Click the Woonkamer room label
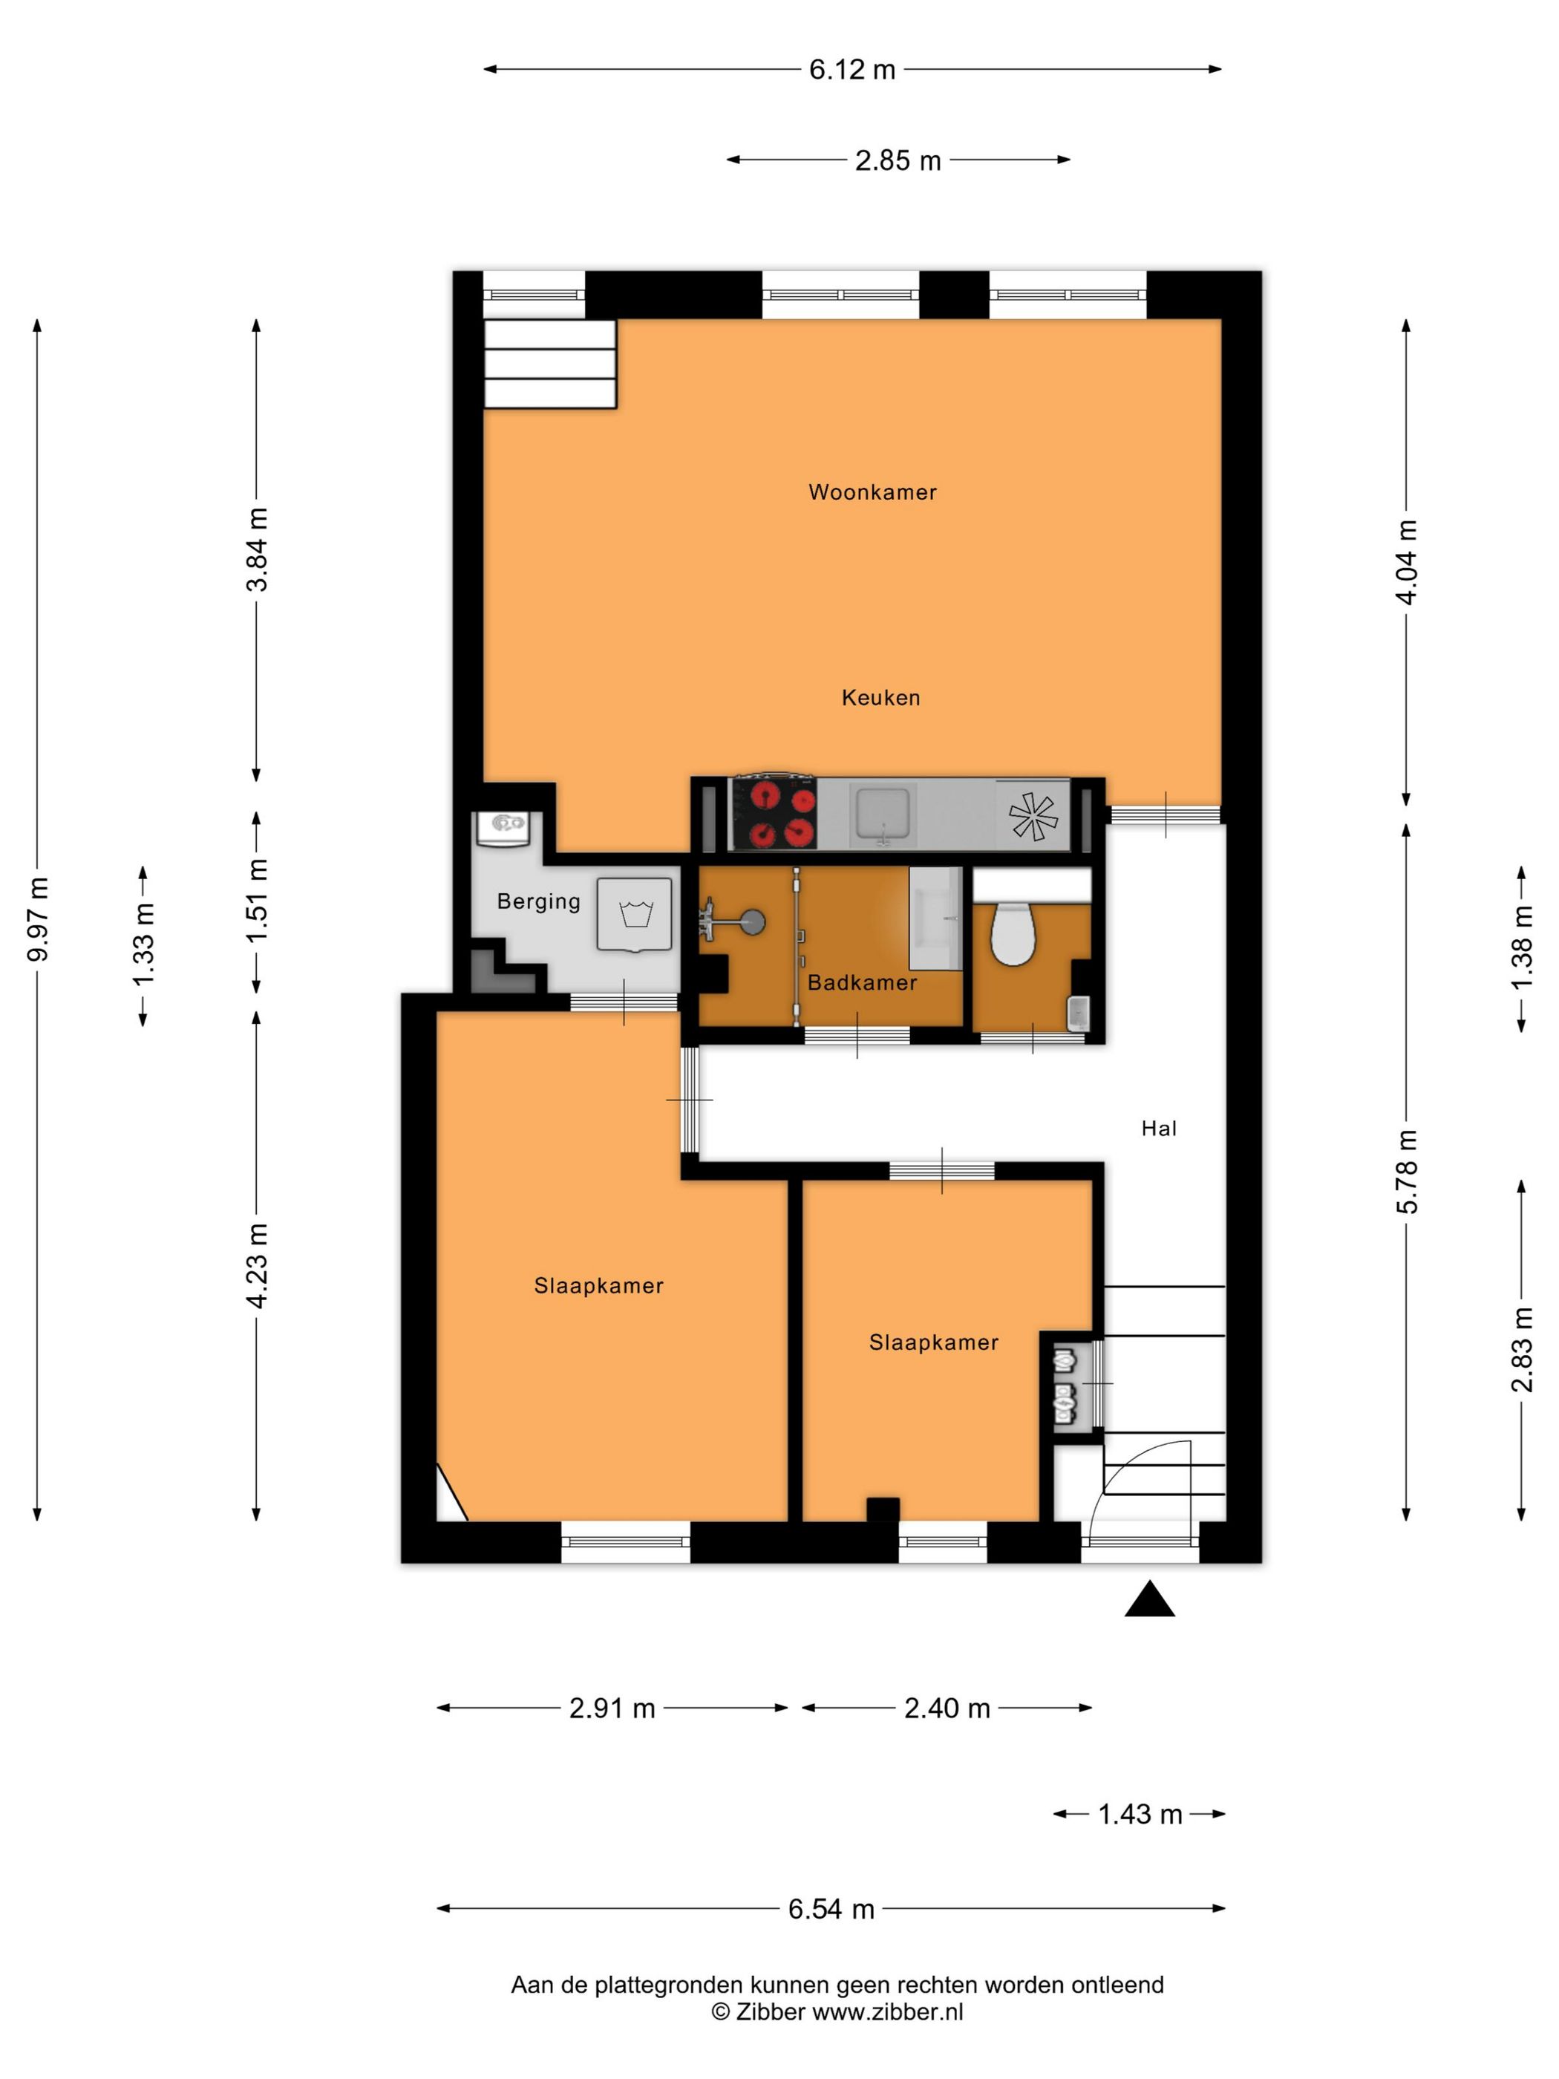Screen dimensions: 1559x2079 coord(872,492)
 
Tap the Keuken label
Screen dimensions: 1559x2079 coord(880,697)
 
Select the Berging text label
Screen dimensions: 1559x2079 coord(538,901)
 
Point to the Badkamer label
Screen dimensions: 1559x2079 coord(862,982)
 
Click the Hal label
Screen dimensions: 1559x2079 coord(1159,1128)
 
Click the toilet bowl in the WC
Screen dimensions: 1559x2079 coord(1012,934)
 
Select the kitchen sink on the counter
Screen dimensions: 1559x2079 coord(880,814)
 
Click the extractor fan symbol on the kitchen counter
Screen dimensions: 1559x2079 coord(1032,815)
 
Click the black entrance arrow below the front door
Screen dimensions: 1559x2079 coord(1149,1599)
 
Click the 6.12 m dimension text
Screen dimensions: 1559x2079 coord(852,70)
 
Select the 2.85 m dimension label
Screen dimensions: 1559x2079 coord(898,160)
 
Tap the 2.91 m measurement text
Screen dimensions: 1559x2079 coord(612,1708)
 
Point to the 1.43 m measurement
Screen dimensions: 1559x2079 coord(1140,1814)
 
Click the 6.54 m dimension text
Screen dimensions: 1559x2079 coord(831,1909)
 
